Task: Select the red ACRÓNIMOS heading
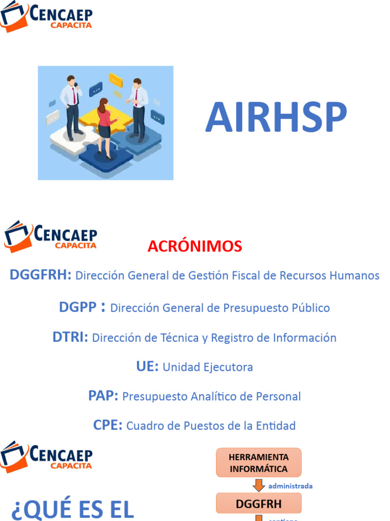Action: [195, 246]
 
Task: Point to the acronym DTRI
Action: [70, 337]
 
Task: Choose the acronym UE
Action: [147, 367]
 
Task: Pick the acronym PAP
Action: [103, 396]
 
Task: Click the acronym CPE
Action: [108, 425]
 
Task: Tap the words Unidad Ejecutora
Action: [208, 367]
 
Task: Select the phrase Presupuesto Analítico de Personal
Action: [212, 397]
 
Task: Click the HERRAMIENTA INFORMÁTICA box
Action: [258, 462]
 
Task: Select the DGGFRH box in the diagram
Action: [258, 504]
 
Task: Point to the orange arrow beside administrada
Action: [259, 485]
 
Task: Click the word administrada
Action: [290, 486]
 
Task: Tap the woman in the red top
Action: [104, 127]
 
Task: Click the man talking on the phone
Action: [72, 104]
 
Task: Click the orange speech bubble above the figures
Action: [116, 80]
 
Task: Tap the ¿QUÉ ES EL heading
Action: [72, 510]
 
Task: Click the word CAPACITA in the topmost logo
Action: [71, 25]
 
